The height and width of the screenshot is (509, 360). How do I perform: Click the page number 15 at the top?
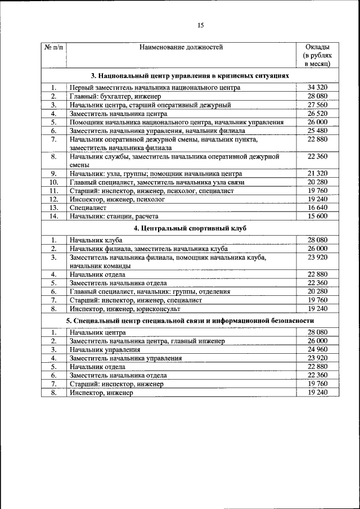(x=200, y=25)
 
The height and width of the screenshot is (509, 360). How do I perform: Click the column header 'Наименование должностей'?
(x=181, y=47)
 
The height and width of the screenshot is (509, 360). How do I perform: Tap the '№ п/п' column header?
(x=53, y=47)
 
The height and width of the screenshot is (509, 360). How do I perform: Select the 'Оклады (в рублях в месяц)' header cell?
(x=317, y=56)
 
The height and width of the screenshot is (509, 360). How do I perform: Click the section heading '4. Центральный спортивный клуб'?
(x=190, y=228)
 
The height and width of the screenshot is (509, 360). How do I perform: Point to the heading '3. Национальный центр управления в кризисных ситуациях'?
(x=190, y=75)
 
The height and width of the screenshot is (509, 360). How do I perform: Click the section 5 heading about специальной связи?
(x=190, y=320)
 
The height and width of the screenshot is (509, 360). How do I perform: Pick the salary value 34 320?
(x=317, y=87)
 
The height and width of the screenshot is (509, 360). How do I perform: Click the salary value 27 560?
(x=317, y=105)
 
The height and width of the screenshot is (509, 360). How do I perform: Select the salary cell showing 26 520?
(x=317, y=113)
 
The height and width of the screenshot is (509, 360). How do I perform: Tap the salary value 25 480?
(x=317, y=130)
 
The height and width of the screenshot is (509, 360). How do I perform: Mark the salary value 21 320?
(x=317, y=173)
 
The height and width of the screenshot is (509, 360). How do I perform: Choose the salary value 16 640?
(x=317, y=208)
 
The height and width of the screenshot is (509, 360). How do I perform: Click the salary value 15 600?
(x=317, y=216)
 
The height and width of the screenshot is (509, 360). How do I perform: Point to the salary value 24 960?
(x=317, y=349)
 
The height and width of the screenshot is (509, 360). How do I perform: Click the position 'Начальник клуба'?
(x=96, y=240)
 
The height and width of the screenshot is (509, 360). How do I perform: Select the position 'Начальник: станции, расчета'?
(x=114, y=216)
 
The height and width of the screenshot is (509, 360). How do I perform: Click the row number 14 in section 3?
(x=53, y=216)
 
